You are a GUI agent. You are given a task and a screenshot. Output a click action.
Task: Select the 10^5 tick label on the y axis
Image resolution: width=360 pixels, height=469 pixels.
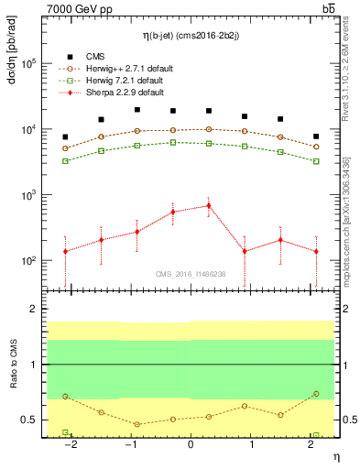29,63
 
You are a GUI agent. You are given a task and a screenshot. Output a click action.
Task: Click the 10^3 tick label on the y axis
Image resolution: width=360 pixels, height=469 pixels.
29,195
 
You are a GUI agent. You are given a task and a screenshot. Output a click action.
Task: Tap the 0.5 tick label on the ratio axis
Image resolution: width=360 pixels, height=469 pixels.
29,420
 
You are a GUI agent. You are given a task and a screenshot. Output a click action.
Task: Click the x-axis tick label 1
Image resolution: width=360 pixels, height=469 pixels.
250,444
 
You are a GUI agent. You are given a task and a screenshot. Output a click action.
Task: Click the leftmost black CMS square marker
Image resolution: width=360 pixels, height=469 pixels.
65,136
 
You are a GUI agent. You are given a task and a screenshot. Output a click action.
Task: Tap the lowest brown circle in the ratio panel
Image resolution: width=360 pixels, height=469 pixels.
136,424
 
